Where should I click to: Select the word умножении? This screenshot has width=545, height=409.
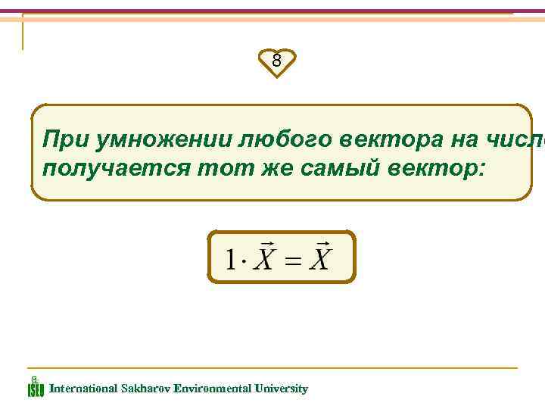154,140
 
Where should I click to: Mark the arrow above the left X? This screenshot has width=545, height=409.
266,245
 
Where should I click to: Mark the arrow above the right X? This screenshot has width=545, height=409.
323,245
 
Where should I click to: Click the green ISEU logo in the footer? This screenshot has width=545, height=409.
36,386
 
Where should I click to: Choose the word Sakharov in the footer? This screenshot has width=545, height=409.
144,389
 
